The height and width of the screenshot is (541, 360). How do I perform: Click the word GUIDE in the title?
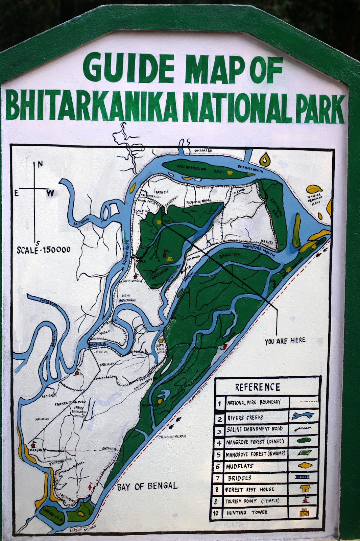click(x=128, y=69)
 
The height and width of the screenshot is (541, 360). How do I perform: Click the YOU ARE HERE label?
click(x=285, y=341)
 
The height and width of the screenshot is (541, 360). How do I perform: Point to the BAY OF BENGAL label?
click(x=147, y=487)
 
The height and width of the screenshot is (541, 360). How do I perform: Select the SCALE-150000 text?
click(x=44, y=250)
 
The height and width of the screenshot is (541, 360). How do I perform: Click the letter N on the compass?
click(x=40, y=165)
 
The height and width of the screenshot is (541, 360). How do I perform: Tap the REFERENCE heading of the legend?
click(x=258, y=387)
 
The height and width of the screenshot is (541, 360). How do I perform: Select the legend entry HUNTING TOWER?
click(x=247, y=513)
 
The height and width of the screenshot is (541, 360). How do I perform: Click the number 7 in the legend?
click(x=219, y=478)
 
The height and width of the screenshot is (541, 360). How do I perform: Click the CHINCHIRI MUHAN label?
click(x=172, y=437)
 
